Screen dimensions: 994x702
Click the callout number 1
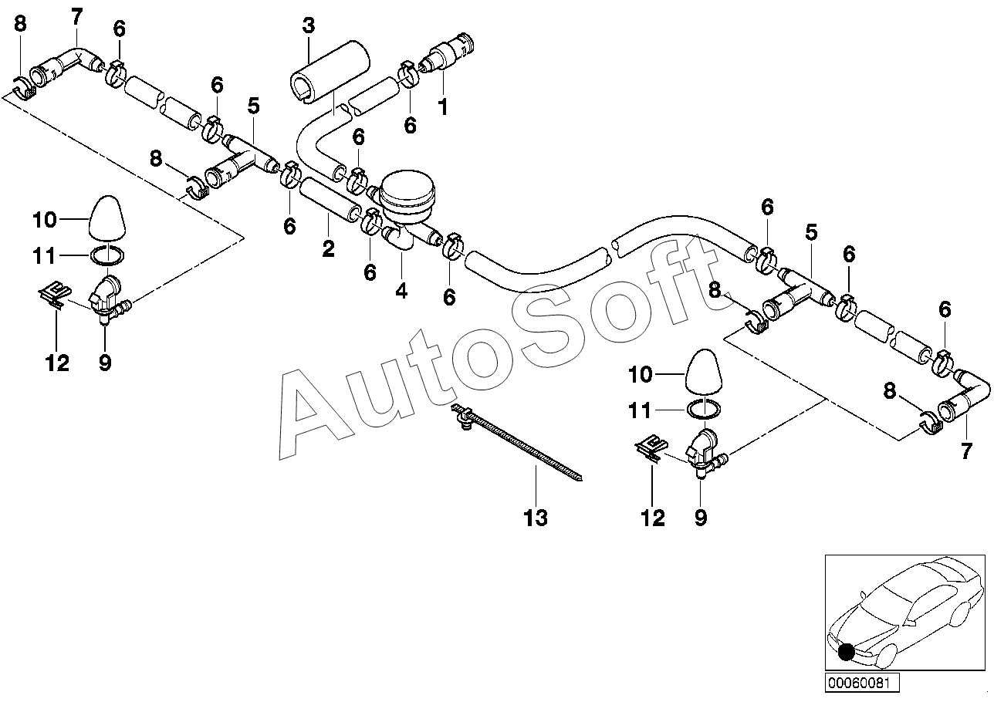coord(442,107)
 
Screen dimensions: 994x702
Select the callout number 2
coord(329,248)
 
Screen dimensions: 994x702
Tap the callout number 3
coord(309,25)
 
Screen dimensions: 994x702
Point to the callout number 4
coord(401,291)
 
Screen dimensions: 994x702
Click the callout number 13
coord(536,518)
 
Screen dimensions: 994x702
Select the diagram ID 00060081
coord(862,683)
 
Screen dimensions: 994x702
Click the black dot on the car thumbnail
coord(846,651)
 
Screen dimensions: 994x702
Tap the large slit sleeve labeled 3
coord(330,73)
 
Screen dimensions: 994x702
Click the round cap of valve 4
coord(407,191)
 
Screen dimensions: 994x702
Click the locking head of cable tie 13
coord(462,413)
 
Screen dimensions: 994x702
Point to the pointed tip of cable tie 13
coord(580,479)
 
